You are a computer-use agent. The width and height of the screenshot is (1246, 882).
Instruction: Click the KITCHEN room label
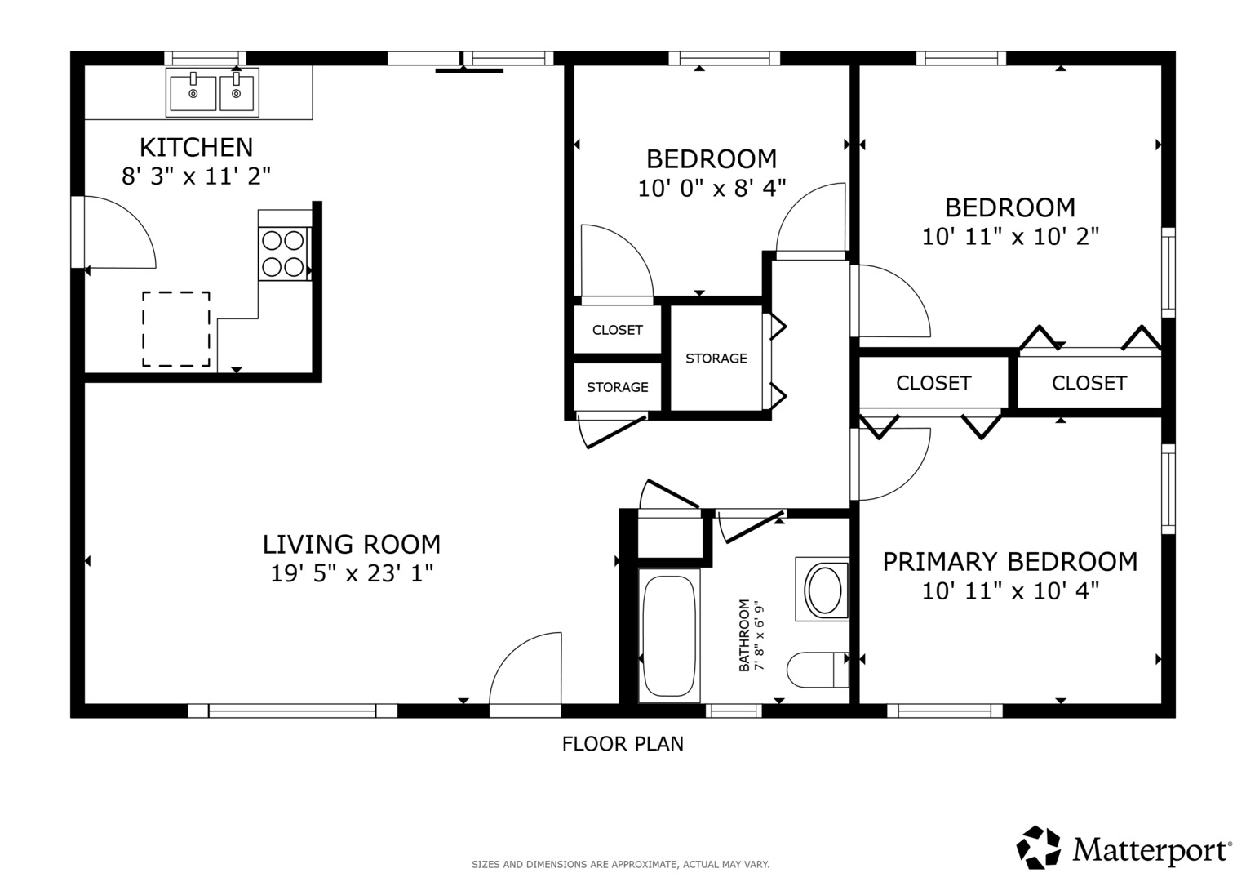click(x=197, y=148)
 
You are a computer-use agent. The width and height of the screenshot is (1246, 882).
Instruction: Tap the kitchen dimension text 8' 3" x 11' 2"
click(x=197, y=176)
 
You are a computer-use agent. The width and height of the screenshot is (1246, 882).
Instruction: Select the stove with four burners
click(x=284, y=253)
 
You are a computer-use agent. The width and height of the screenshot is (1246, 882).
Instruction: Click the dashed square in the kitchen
click(x=176, y=329)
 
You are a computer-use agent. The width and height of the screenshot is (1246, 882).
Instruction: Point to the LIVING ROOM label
click(x=352, y=545)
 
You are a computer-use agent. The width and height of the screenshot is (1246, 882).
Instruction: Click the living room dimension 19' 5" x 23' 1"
click(x=352, y=573)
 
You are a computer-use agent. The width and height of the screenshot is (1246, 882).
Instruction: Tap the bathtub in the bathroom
click(x=669, y=635)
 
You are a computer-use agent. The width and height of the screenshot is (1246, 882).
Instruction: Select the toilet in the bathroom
click(x=818, y=670)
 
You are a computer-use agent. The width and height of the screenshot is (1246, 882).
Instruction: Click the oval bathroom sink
click(x=824, y=589)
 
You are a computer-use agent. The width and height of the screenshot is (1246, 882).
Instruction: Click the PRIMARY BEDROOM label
click(x=1010, y=562)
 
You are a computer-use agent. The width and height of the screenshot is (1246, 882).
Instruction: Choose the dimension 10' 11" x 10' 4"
click(x=1010, y=590)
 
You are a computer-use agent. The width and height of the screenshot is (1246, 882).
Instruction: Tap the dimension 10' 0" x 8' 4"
click(x=712, y=188)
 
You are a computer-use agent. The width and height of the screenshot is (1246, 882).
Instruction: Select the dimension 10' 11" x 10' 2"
click(x=1010, y=237)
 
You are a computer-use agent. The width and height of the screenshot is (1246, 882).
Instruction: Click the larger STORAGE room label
click(x=716, y=359)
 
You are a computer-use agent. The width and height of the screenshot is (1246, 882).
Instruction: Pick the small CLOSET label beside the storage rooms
click(x=618, y=330)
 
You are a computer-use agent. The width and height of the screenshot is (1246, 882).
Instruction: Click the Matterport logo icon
click(x=1039, y=848)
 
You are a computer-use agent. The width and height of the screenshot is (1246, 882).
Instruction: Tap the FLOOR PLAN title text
click(x=623, y=744)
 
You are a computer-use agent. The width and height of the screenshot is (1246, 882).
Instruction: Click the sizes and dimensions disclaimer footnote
click(x=620, y=865)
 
